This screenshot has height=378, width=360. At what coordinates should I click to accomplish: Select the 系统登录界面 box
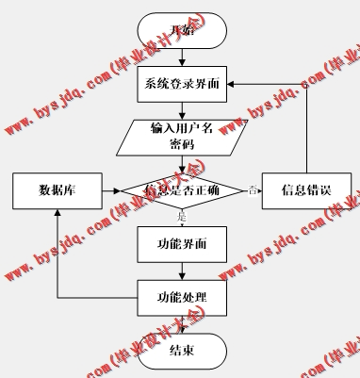[183, 85]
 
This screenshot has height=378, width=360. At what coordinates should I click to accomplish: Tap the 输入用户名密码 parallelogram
[183, 137]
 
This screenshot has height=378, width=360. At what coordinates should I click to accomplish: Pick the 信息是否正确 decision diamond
[183, 190]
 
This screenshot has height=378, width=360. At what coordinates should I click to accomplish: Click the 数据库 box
[57, 190]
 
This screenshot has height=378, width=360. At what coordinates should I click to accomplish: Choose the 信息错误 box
[307, 190]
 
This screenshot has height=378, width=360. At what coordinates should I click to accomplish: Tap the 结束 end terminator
[183, 351]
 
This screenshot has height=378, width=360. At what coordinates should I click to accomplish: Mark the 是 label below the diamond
[183, 218]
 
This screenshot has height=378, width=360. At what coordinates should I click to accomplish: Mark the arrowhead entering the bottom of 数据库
[57, 214]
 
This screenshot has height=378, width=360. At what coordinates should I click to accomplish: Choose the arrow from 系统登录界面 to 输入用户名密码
[183, 110]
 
